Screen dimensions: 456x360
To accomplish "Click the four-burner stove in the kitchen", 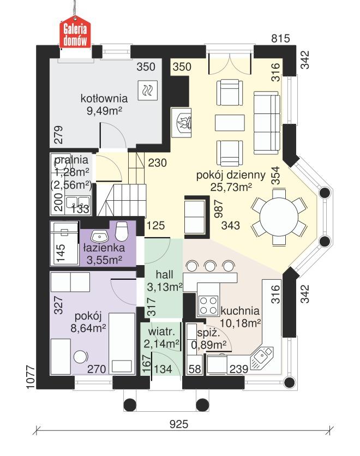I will pyautogui.click(x=207, y=305).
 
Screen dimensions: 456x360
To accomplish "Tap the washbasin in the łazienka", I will pyautogui.click(x=99, y=237).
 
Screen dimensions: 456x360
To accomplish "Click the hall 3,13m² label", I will pyautogui.click(x=165, y=280).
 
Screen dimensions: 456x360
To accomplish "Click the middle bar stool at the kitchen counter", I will pyautogui.click(x=209, y=266).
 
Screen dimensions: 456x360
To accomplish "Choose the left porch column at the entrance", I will pyautogui.click(x=131, y=405).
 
